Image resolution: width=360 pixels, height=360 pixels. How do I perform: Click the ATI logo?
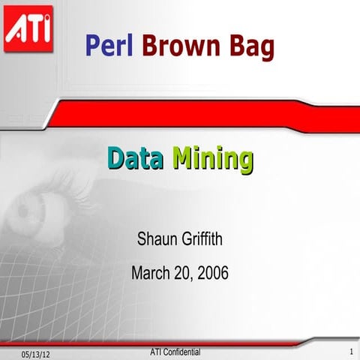point(28,28)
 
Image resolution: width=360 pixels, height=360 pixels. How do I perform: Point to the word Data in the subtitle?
point(135,158)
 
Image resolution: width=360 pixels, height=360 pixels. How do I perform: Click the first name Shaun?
point(156,240)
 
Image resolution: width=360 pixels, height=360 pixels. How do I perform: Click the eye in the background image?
point(45,203)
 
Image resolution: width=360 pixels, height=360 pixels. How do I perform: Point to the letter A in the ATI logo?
point(16,31)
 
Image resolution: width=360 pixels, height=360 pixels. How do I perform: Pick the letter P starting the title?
point(93,46)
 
